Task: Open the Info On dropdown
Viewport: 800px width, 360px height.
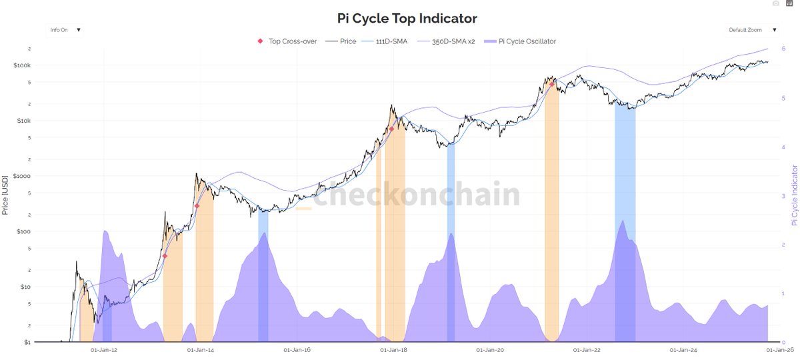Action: (x=65, y=30)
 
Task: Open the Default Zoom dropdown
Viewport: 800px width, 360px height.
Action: (x=752, y=30)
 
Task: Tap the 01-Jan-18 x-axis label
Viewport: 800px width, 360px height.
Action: (x=393, y=350)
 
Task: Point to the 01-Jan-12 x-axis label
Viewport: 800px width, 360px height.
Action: (x=103, y=350)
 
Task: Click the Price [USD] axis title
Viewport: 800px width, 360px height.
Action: (x=5, y=193)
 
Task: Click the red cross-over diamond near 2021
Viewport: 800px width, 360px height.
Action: (x=552, y=84)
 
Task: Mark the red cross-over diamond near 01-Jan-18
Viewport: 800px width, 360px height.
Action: (x=392, y=129)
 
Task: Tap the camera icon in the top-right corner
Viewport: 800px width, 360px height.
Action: (x=775, y=4)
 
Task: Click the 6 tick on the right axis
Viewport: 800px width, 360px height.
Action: (x=783, y=49)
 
